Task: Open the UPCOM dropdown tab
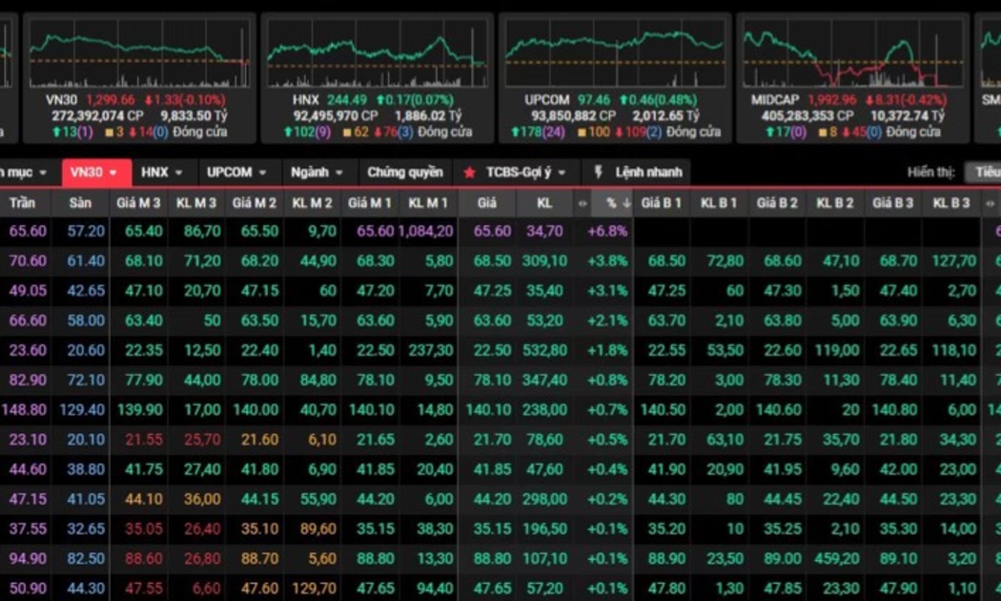click(237, 173)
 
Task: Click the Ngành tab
click(317, 173)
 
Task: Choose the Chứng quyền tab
click(405, 173)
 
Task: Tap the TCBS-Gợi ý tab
click(515, 173)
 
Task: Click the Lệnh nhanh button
click(638, 173)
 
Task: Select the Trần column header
click(24, 203)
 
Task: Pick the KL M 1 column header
click(428, 203)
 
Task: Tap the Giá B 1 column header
click(662, 203)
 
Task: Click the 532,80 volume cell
click(545, 350)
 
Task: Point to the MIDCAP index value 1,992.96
click(831, 99)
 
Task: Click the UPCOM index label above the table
click(546, 99)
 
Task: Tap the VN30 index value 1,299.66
click(110, 99)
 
